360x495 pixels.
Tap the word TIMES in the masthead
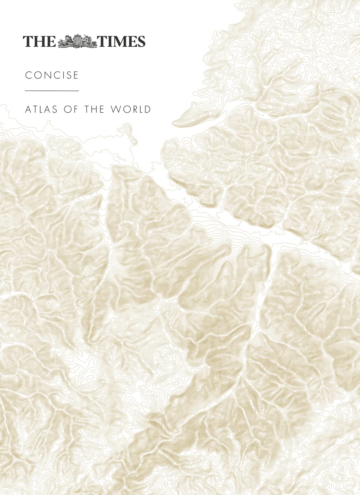coord(122,41)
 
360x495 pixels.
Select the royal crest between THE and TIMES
coord(78,41)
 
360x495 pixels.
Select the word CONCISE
coord(52,75)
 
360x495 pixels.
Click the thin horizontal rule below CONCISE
coord(52,91)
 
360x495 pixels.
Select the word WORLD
coord(132,109)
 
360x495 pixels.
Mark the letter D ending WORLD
coord(148,109)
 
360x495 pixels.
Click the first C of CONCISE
coord(28,75)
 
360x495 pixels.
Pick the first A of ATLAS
coord(28,109)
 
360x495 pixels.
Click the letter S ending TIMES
coord(141,41)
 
